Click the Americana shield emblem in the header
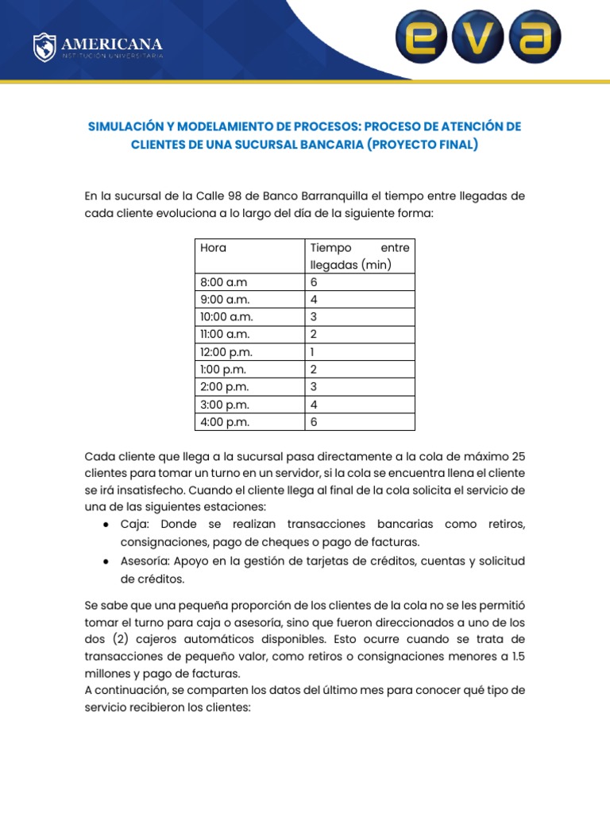pyautogui.click(x=44, y=48)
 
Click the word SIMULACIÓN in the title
pyautogui.click(x=125, y=127)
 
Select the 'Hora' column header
pyautogui.click(x=213, y=247)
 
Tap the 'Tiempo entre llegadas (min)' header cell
pyautogui.click(x=359, y=256)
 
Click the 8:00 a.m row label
pyautogui.click(x=224, y=282)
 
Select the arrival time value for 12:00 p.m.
pyautogui.click(x=313, y=352)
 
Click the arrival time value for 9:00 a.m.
pyautogui.click(x=314, y=300)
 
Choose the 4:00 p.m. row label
pyautogui.click(x=225, y=422)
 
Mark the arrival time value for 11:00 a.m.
pyautogui.click(x=314, y=335)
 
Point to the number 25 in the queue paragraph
pyautogui.click(x=517, y=455)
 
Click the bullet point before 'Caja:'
pyautogui.click(x=106, y=525)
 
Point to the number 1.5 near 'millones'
pyautogui.click(x=516, y=657)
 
